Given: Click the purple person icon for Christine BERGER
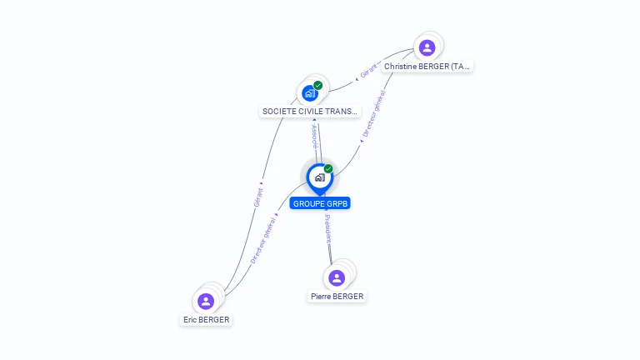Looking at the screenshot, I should coord(427,47).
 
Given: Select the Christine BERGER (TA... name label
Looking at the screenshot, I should coord(427,66).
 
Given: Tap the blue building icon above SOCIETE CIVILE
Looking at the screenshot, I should coord(309,93).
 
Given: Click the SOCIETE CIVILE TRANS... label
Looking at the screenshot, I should coord(309,111).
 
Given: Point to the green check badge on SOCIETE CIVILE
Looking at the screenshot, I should coord(317,85).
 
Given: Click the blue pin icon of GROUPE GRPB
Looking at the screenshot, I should coord(319,177).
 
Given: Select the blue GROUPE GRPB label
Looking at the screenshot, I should coord(320,203).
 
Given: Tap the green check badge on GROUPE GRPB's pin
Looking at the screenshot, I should coord(328,169).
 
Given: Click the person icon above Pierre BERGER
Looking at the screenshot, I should coord(337,277).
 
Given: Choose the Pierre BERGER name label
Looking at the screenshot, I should coord(337,296).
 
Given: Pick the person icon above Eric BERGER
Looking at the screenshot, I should coord(206,301).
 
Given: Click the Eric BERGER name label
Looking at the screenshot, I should coord(206,319).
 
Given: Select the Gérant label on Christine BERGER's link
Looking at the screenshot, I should coord(367,70).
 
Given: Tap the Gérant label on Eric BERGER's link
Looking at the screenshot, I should coord(258,197).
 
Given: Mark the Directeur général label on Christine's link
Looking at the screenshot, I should coord(373,113).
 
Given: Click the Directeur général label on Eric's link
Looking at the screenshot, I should coord(264,240).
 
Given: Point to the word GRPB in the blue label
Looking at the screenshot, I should coord(337,203).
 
